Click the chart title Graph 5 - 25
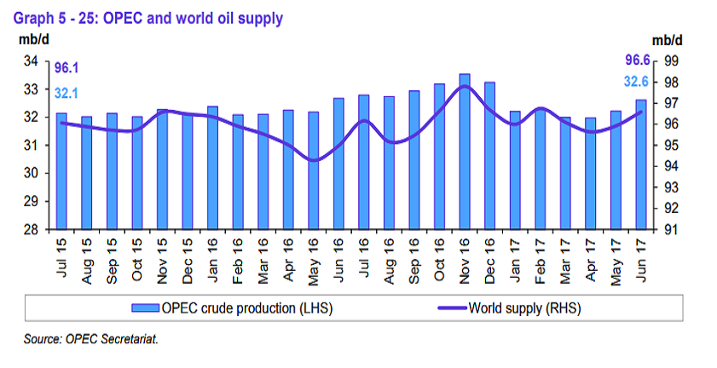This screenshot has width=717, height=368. [145, 17]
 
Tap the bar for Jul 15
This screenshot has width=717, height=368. [61, 170]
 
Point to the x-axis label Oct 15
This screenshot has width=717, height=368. [137, 254]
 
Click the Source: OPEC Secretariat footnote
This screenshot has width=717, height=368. [91, 339]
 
